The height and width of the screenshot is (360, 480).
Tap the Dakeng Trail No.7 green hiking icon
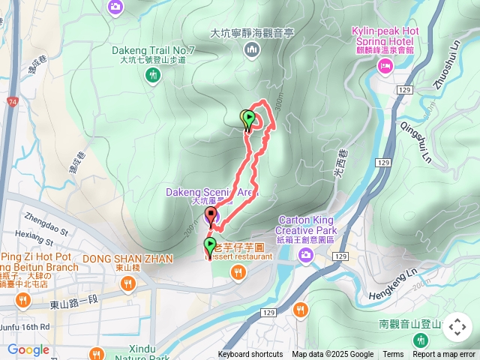[x=153, y=74]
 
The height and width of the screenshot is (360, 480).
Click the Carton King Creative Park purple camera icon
[x=305, y=256]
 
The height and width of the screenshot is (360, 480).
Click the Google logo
[x=28, y=350]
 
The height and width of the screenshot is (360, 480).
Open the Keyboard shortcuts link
[x=250, y=355]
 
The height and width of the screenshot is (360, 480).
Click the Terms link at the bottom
[x=393, y=355]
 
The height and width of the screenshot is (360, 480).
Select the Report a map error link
[x=444, y=355]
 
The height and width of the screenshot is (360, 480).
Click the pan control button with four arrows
[x=457, y=327]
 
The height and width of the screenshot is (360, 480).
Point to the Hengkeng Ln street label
[x=402, y=281]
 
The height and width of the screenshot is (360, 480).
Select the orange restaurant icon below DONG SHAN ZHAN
[x=127, y=284]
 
